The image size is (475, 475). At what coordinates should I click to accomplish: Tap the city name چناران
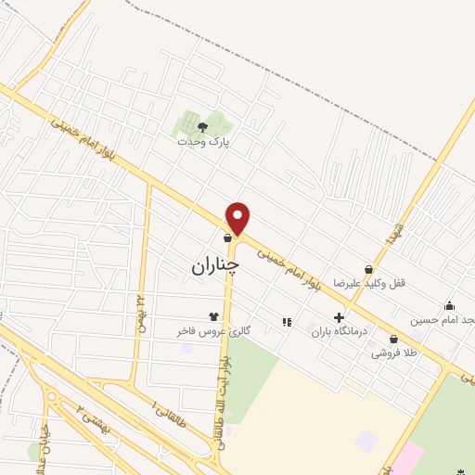pyautogui.click(x=215, y=266)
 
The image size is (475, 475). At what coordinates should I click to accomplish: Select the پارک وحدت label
pyautogui.click(x=204, y=143)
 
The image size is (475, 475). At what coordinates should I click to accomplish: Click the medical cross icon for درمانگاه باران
pyautogui.click(x=340, y=317)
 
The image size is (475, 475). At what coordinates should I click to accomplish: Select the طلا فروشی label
pyautogui.click(x=394, y=353)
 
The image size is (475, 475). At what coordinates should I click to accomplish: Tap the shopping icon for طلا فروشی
pyautogui.click(x=394, y=340)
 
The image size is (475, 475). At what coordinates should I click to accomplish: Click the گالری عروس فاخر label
pyautogui.click(x=202, y=330)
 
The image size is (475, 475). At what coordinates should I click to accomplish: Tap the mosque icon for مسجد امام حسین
pyautogui.click(x=450, y=306)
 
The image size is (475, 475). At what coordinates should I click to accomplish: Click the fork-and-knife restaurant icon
pyautogui.click(x=287, y=322)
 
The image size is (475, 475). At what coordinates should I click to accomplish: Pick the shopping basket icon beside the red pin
pyautogui.click(x=228, y=238)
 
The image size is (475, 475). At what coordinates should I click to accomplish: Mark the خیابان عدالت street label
pyautogui.click(x=44, y=442)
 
